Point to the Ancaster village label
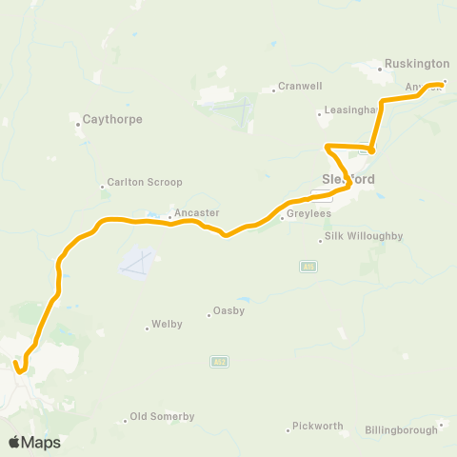pyautogui.click(x=197, y=212)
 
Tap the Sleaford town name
pyautogui.click(x=348, y=179)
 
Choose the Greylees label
pyautogui.click(x=307, y=215)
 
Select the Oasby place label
pyautogui.click(x=228, y=310)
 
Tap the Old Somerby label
pyautogui.click(x=162, y=417)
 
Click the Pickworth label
pyautogui.click(x=317, y=426)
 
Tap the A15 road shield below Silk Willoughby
pyautogui.click(x=308, y=268)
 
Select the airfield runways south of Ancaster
pyautogui.click(x=138, y=259)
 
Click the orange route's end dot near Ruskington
pyautogui.click(x=445, y=83)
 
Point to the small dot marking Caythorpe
pyautogui.click(x=78, y=121)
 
